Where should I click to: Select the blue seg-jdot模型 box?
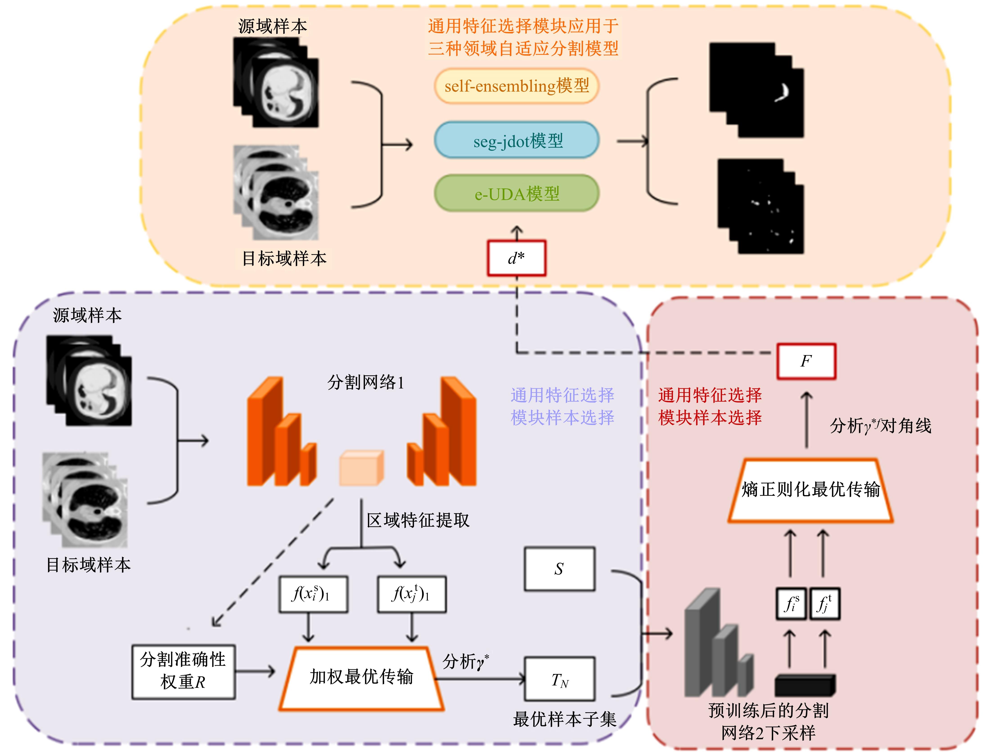(x=516, y=140)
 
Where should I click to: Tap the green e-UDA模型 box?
(x=516, y=194)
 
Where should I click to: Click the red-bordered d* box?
(x=516, y=258)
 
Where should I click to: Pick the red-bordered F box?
(x=806, y=361)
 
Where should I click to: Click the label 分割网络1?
(x=366, y=382)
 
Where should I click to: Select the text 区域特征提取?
(x=418, y=520)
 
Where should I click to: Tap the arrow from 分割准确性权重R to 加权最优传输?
(x=255, y=672)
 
